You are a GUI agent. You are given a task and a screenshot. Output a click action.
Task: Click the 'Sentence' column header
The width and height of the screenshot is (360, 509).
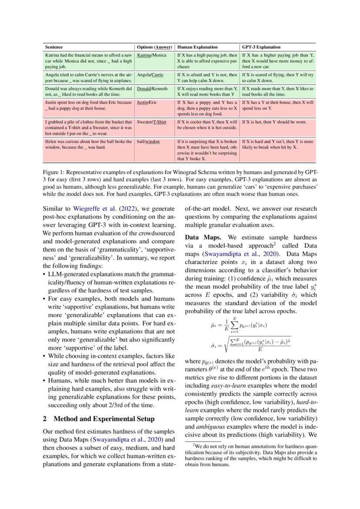coord(54,47)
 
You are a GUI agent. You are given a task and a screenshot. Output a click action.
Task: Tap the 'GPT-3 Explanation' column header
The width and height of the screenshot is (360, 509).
coord(261,47)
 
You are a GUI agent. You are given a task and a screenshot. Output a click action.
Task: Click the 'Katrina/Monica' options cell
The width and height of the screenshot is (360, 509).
coord(152,56)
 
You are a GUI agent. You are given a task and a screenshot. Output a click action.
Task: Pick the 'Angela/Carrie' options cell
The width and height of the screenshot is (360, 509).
coord(150,75)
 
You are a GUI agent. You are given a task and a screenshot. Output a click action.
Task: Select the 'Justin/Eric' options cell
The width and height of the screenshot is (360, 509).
coord(147,103)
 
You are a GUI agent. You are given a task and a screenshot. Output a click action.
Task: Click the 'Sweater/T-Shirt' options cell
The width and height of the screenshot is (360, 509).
coord(152,122)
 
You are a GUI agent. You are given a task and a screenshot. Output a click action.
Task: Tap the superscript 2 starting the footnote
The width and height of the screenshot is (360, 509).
coord(194,445)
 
